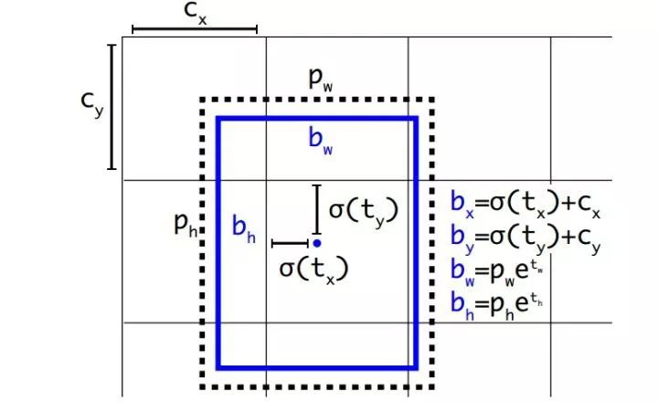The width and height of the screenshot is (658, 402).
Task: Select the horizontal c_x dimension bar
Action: tap(195, 30)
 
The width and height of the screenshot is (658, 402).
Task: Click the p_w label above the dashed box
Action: tap(320, 80)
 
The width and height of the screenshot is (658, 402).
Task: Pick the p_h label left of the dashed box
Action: tap(186, 226)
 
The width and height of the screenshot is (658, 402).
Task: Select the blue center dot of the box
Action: tap(316, 243)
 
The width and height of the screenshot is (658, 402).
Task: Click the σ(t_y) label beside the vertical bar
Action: tap(364, 209)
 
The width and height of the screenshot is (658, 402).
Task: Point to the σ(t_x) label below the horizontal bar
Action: tap(313, 269)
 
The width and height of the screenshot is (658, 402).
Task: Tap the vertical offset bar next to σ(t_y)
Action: tap(316, 209)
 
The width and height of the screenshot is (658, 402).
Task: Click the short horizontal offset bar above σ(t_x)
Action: tap(291, 243)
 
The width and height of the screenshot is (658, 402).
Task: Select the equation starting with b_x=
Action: tap(525, 206)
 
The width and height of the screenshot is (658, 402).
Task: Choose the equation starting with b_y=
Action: tap(525, 238)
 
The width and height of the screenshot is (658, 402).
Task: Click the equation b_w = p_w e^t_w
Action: tap(502, 270)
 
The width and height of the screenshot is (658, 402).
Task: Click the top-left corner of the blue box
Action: tap(218, 118)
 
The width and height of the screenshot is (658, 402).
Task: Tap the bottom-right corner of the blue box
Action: tap(416, 367)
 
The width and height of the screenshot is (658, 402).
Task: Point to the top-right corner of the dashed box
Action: tap(431, 99)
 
